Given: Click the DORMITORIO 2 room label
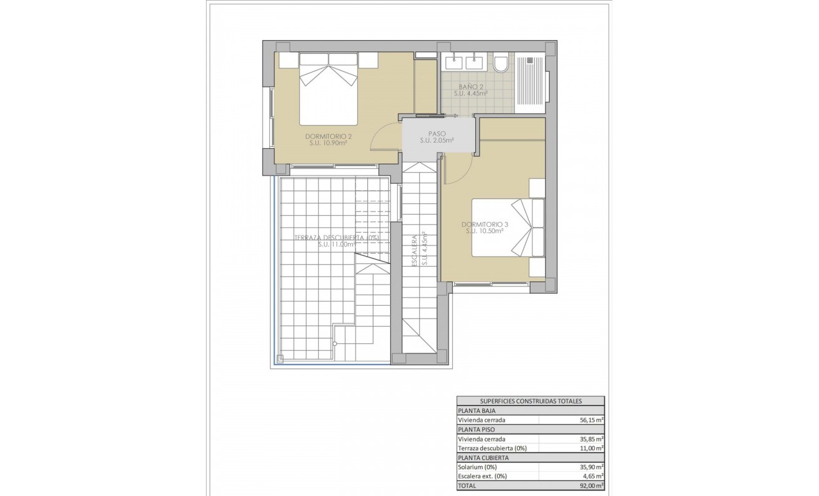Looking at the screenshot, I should pyautogui.click(x=328, y=136).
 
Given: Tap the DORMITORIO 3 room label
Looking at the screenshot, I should pyautogui.click(x=485, y=224).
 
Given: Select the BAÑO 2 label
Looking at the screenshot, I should pyautogui.click(x=471, y=87).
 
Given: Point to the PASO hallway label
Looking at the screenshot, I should pyautogui.click(x=437, y=133).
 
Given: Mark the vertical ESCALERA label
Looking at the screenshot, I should pyautogui.click(x=413, y=250).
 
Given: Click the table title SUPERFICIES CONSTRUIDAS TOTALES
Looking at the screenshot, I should pyautogui.click(x=530, y=401).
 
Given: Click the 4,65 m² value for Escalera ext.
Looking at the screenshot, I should pyautogui.click(x=591, y=476).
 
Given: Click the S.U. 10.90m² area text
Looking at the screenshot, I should pyautogui.click(x=328, y=143).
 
